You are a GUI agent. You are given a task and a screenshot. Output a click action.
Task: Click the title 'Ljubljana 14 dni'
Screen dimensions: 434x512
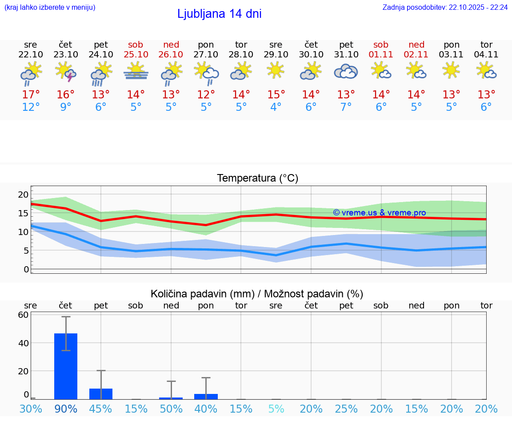(219, 14)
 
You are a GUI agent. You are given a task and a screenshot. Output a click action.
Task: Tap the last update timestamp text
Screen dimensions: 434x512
(445, 8)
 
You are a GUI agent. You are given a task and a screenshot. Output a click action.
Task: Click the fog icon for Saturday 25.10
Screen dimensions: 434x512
(136, 71)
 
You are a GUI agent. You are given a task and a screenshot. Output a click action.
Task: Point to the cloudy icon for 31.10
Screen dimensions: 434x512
(346, 71)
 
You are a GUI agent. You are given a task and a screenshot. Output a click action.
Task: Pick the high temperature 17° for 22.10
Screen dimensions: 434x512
(31, 95)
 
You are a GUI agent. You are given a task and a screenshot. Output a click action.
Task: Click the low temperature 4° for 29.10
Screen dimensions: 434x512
(276, 107)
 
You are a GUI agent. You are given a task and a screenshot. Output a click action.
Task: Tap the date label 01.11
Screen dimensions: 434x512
(381, 55)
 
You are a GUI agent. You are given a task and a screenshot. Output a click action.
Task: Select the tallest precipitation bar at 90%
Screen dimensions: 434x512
(66, 366)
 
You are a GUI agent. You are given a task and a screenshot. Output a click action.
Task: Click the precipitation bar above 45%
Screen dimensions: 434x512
(101, 394)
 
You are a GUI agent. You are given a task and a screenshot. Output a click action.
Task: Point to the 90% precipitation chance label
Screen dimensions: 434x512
(66, 409)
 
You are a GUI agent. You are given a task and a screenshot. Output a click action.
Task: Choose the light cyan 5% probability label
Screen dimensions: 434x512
(276, 409)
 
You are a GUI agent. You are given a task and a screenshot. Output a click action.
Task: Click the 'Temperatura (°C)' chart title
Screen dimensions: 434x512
(257, 178)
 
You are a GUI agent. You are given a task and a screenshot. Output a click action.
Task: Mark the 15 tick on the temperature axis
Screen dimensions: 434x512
(23, 213)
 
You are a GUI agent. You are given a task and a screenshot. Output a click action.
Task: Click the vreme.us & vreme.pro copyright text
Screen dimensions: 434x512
(379, 213)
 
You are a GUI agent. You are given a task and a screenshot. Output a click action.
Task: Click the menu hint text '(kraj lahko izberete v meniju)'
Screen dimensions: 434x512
(50, 8)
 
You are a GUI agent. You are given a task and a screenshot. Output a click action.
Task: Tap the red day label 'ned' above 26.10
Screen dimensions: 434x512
(171, 45)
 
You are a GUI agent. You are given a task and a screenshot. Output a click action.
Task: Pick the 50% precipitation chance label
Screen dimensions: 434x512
(171, 409)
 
